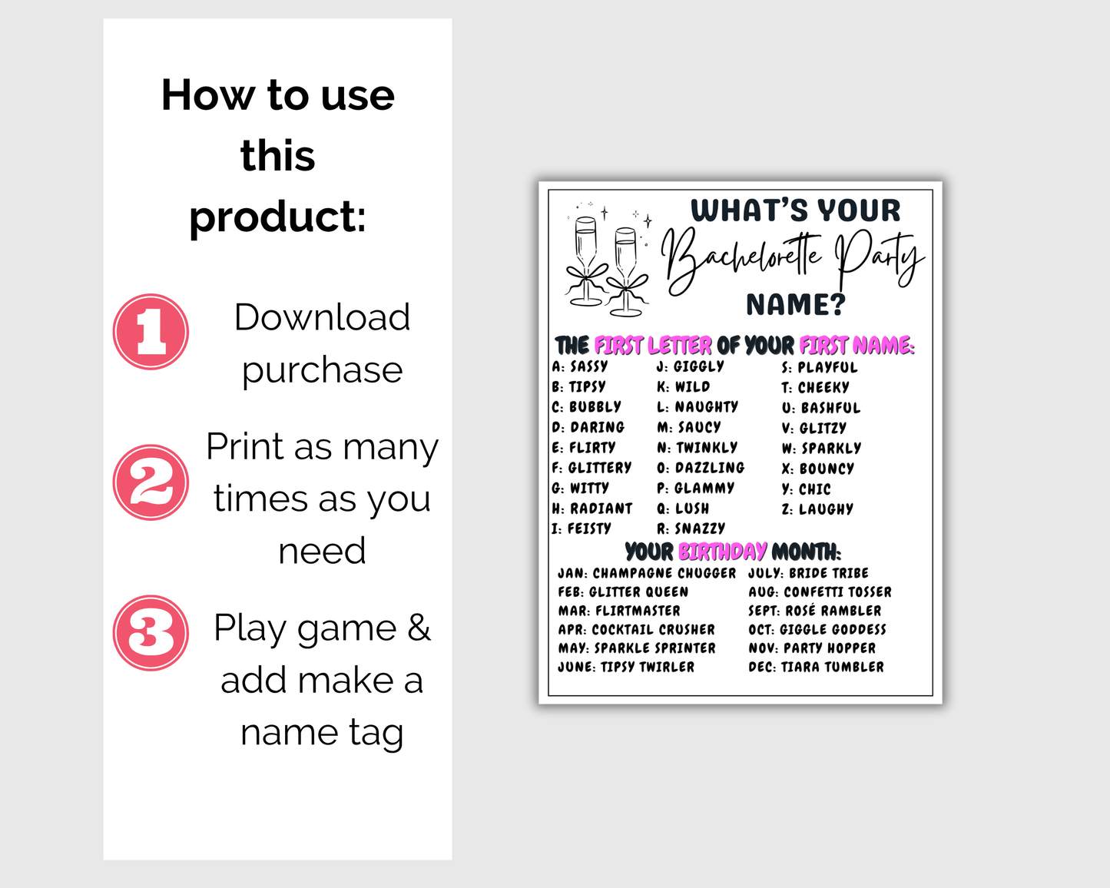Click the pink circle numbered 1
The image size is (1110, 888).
pyautogui.click(x=151, y=332)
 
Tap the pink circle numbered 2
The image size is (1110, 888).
pyautogui.click(x=151, y=482)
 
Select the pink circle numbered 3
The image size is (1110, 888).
pyautogui.click(x=151, y=633)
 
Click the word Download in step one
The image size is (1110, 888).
pyautogui.click(x=322, y=317)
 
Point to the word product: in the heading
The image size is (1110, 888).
pyautogui.click(x=277, y=217)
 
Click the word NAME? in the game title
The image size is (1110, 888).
pyautogui.click(x=795, y=305)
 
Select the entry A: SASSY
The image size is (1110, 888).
pyautogui.click(x=580, y=366)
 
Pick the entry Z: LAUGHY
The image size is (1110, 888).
pyautogui.click(x=817, y=509)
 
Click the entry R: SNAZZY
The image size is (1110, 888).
pyautogui.click(x=691, y=528)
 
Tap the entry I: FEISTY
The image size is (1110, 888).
pyautogui.click(x=582, y=528)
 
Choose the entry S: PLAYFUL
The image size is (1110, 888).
pyautogui.click(x=820, y=367)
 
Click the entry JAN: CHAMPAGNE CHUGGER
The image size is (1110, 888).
pyautogui.click(x=646, y=573)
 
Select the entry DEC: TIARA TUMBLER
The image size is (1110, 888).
pyautogui.click(x=816, y=667)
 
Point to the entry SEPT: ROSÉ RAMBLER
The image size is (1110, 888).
pyautogui.click(x=814, y=611)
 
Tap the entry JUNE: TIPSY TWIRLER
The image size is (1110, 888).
pyautogui.click(x=626, y=667)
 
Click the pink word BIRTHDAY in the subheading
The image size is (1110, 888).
pyautogui.click(x=722, y=552)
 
